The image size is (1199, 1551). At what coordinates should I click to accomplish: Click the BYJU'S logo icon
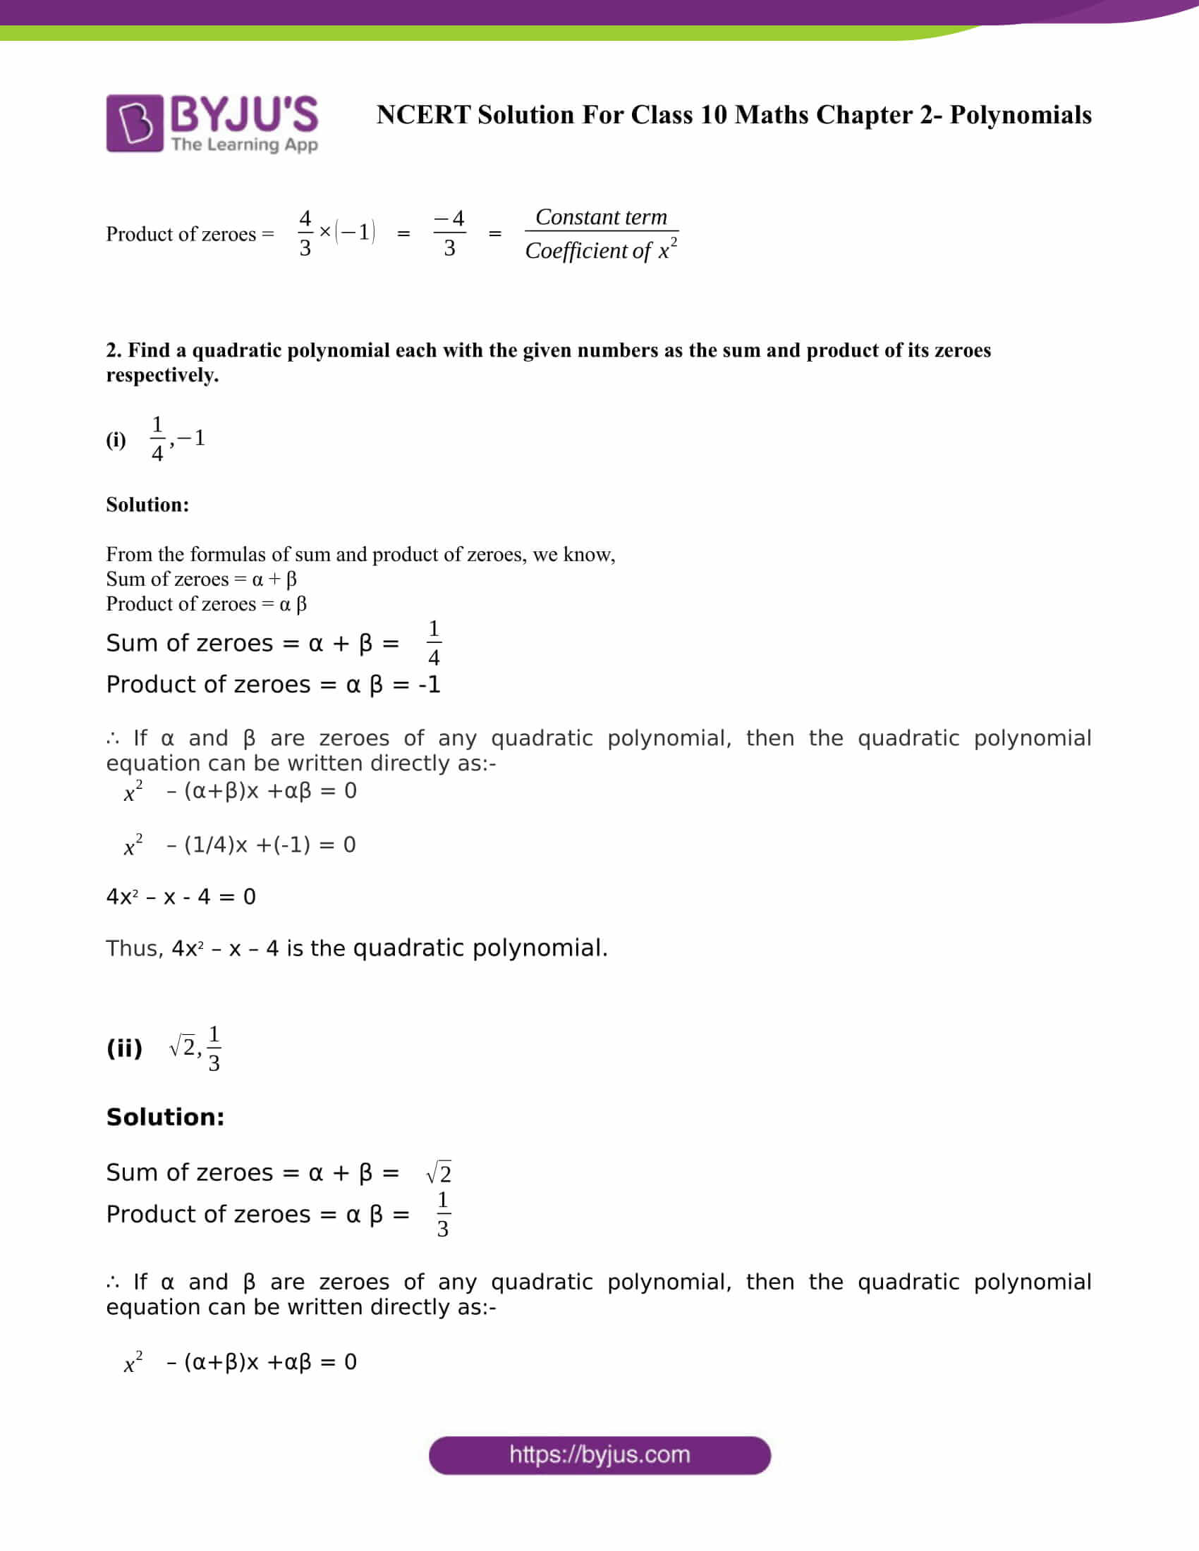(135, 123)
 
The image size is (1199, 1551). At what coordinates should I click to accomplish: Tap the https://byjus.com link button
(599, 1455)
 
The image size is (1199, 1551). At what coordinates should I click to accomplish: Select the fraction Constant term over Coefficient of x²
(601, 233)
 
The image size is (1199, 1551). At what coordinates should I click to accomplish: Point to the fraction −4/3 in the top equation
(449, 233)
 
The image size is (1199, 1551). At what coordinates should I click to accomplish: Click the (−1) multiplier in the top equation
(355, 231)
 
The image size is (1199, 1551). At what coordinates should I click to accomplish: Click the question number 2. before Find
(114, 350)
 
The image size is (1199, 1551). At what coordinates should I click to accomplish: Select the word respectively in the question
(162, 375)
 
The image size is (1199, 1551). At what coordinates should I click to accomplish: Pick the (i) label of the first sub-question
(116, 440)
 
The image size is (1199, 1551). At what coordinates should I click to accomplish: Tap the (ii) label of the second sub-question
(124, 1048)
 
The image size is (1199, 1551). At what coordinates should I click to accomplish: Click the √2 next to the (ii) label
(183, 1047)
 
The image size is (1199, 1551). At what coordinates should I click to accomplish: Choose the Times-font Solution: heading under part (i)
(147, 504)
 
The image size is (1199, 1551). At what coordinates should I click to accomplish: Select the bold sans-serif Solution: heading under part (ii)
(166, 1117)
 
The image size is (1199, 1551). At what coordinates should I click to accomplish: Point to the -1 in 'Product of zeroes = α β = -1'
(429, 685)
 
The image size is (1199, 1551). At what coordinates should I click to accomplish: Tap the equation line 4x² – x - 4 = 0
(181, 896)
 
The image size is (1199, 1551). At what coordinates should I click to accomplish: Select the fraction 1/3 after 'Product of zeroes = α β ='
(442, 1215)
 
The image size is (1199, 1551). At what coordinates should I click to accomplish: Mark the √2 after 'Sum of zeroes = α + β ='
(439, 1172)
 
